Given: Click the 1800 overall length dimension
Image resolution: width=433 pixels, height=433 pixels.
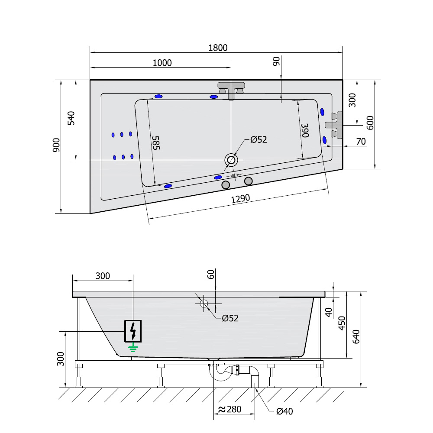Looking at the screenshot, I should (x=218, y=48).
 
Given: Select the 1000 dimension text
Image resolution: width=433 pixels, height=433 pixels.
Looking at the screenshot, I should (x=162, y=63).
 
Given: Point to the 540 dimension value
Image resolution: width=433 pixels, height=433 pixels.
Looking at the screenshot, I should (x=71, y=118).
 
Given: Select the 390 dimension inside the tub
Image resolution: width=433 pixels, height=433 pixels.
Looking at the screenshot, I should (x=305, y=130).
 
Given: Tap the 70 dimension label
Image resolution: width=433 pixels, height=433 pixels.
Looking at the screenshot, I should (x=361, y=142).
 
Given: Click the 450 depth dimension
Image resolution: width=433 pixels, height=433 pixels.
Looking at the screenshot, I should (x=342, y=323).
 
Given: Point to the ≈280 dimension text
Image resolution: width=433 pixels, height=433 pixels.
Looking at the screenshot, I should (x=229, y=409).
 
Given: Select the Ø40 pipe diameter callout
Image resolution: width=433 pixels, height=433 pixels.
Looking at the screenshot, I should (x=284, y=411).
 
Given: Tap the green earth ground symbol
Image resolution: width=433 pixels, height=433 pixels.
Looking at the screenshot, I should (x=133, y=346).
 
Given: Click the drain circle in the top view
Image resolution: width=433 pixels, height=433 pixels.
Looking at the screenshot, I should (x=231, y=160).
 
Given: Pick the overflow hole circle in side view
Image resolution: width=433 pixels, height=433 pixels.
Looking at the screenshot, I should (x=204, y=304).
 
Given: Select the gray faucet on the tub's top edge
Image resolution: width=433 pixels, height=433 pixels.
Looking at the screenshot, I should (x=231, y=89).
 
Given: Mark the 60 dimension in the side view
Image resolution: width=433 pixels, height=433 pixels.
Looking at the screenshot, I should (x=211, y=275).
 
